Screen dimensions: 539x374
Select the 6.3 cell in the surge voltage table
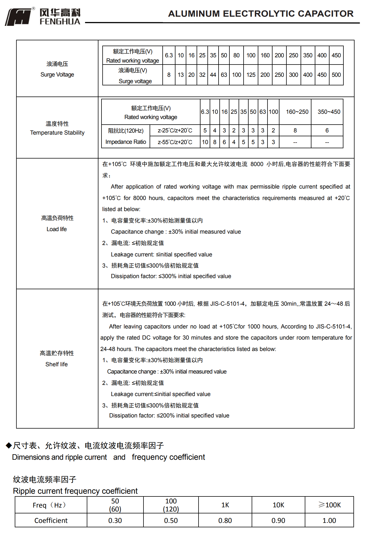tap(169, 55)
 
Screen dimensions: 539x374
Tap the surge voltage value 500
tap(336, 75)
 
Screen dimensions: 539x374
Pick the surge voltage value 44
tap(213, 75)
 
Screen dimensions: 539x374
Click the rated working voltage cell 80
tap(236, 55)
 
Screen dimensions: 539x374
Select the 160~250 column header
tap(297, 112)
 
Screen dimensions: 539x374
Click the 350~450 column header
tap(329, 112)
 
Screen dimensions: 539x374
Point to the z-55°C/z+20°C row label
tap(175, 142)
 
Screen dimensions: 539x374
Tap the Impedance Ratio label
tap(126, 142)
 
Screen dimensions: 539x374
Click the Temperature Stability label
tap(57, 133)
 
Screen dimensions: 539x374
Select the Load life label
tap(57, 229)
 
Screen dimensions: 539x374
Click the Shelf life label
tap(56, 364)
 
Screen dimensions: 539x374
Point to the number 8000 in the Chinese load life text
tap(257, 164)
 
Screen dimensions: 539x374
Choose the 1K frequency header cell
tap(225, 505)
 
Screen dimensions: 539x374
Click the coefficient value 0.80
tap(225, 520)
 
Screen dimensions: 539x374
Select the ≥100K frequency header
tap(330, 505)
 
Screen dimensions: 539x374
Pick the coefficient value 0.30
tap(115, 520)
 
